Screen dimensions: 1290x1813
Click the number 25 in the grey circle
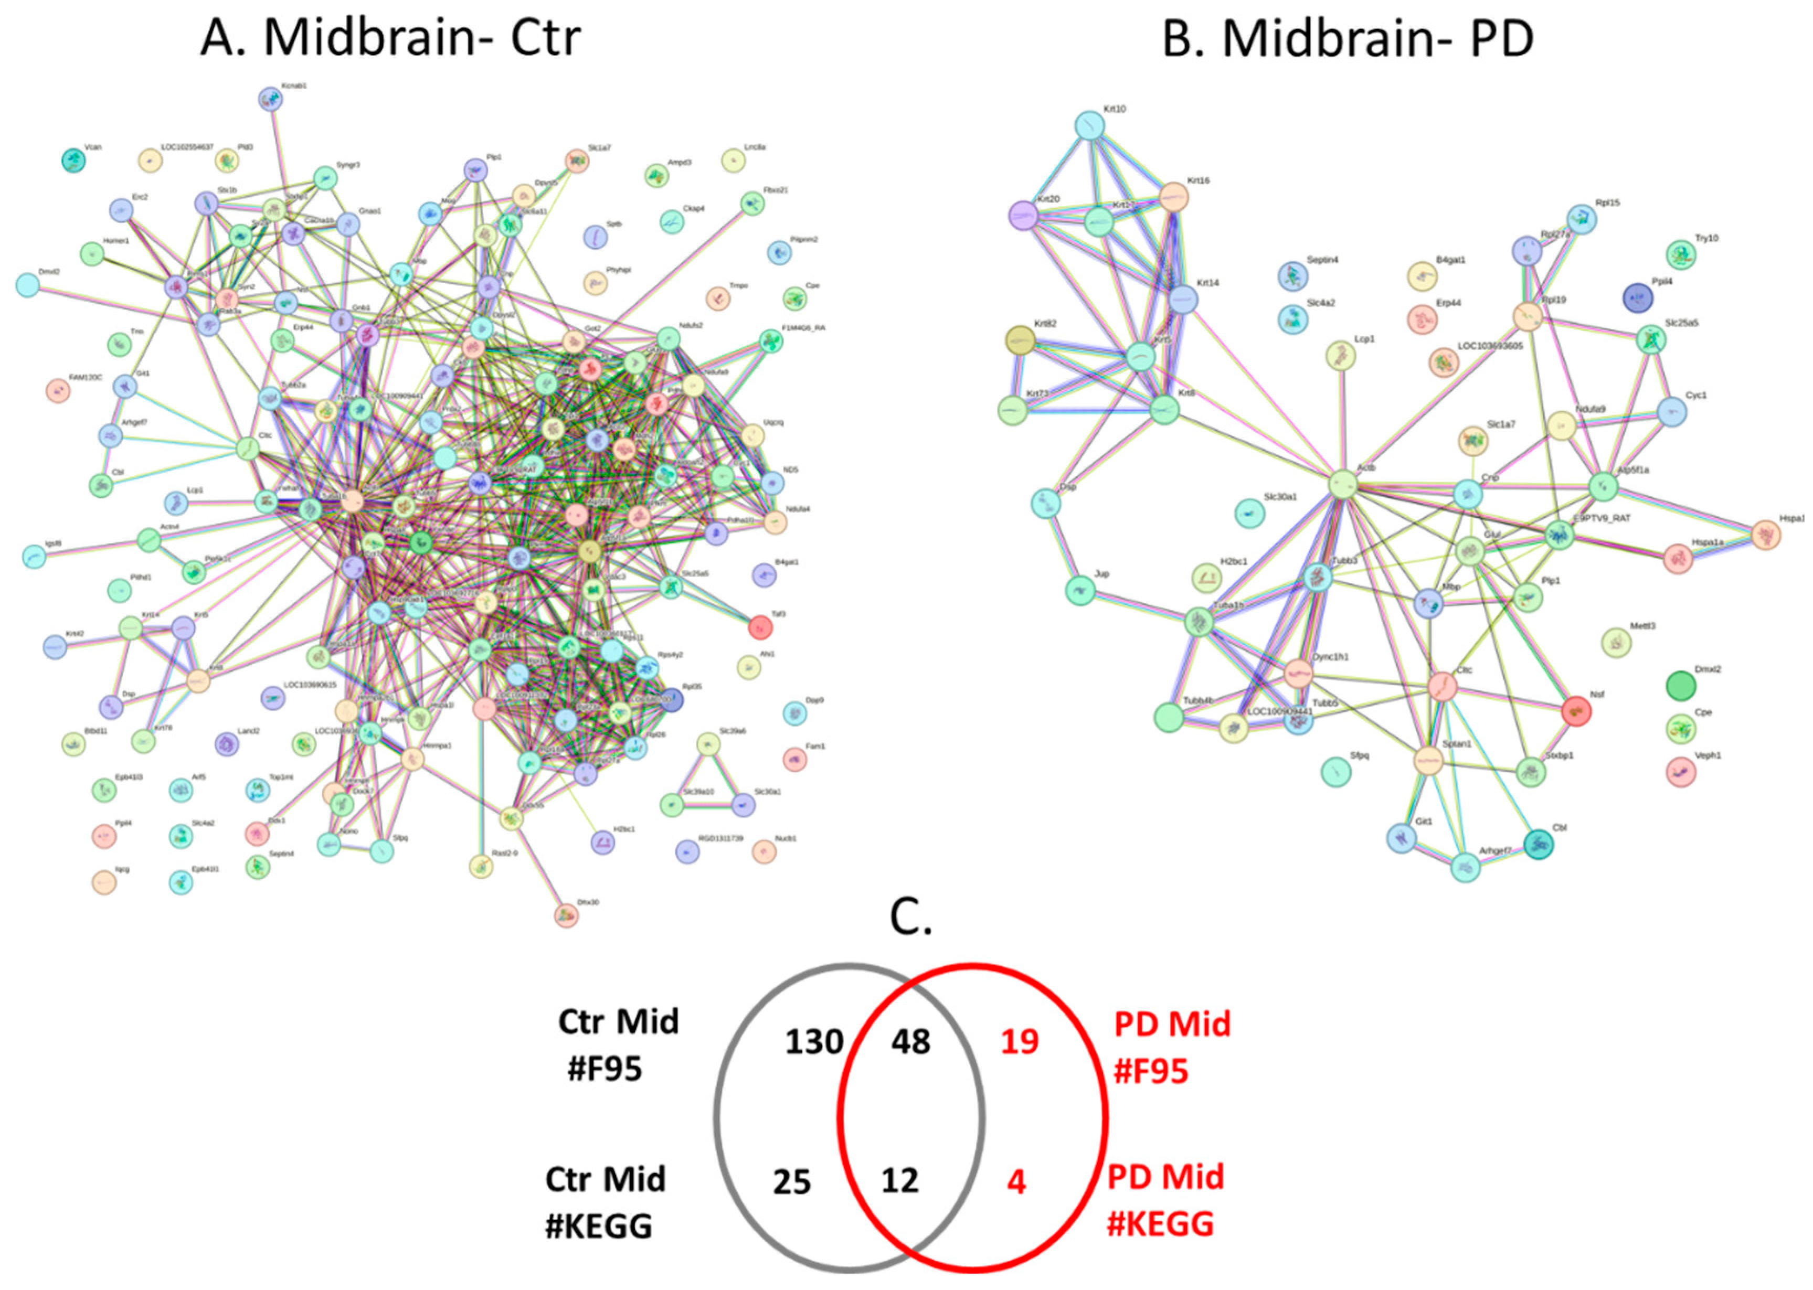(x=791, y=1182)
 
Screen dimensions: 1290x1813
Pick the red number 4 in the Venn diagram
(x=1016, y=1182)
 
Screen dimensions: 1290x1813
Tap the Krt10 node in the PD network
(x=1090, y=125)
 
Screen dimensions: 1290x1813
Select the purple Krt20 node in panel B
(x=1023, y=215)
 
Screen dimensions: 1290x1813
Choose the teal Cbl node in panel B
(x=1539, y=844)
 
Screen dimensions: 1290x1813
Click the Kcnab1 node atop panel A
(x=271, y=99)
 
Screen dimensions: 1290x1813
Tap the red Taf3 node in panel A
(x=760, y=627)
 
